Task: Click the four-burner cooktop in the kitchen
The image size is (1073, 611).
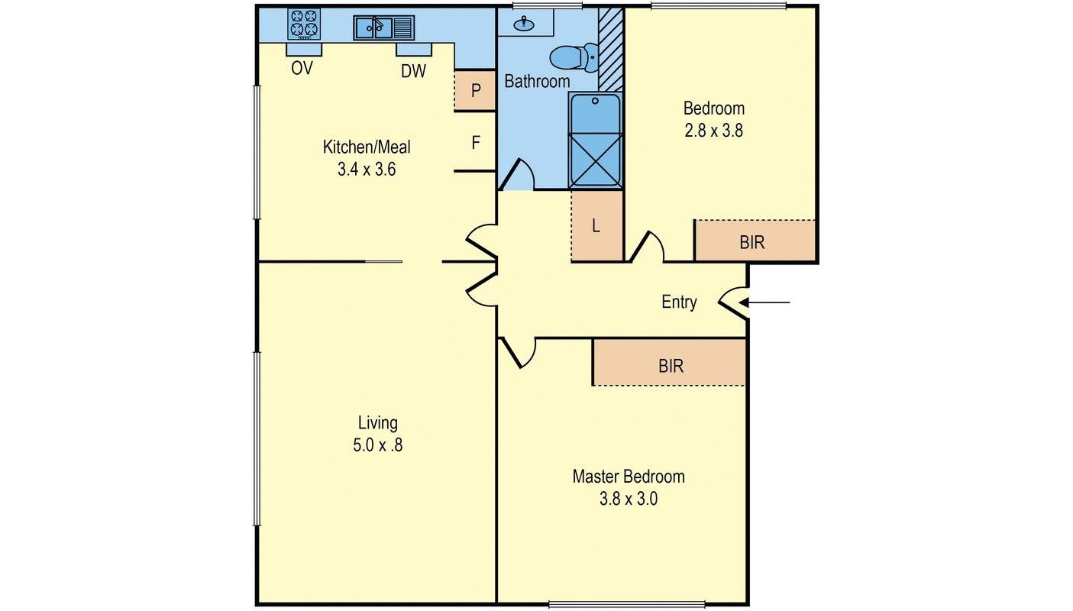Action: pos(304,24)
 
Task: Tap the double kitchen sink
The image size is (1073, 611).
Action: pos(383,27)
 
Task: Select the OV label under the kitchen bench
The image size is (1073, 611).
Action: pos(302,69)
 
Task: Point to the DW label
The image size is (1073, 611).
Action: pos(413,71)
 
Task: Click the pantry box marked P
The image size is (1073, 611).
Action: pos(475,91)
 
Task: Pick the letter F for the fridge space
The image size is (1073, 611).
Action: pos(476,142)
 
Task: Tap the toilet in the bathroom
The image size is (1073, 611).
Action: pos(574,57)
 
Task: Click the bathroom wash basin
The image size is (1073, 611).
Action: pos(524,23)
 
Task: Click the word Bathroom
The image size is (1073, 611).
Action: pos(537,81)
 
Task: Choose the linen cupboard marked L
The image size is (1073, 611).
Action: pos(597,226)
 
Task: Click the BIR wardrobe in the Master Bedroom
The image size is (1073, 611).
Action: pos(669,362)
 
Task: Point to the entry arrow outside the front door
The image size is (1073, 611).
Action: pos(764,303)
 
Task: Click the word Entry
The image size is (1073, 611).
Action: pos(679,302)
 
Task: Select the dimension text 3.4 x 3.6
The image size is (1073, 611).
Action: pos(367,169)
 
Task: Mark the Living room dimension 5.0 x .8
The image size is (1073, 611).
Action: pos(377,445)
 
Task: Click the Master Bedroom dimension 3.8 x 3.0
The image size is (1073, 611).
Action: pos(629,499)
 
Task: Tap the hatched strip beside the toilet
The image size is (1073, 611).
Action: pos(611,50)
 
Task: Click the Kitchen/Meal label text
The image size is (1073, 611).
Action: pos(367,147)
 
